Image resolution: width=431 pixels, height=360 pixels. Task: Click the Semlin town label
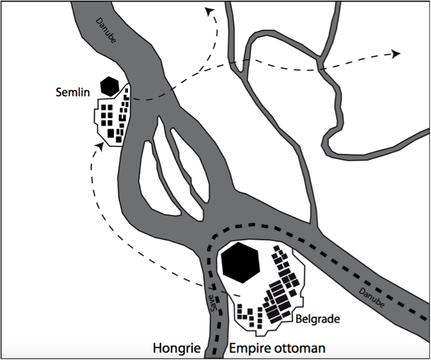[73, 91]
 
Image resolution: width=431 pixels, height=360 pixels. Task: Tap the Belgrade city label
[318, 319]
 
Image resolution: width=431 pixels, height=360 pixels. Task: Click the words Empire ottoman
[277, 348]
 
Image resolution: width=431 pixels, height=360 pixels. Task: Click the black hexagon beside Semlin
[109, 86]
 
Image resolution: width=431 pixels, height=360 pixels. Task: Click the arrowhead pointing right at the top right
[396, 54]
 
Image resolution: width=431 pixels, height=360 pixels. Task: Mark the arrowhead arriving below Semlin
[100, 146]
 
